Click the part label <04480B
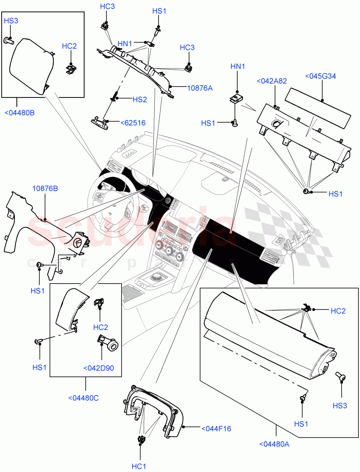tap(19, 113)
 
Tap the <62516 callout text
tap(133, 123)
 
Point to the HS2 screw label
tap(139, 100)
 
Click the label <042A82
tap(271, 81)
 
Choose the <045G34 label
tap(321, 76)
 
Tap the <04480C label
tap(83, 398)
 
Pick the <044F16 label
tap(216, 428)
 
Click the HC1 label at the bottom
tap(139, 466)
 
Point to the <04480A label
tap(274, 444)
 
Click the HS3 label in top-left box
tap(11, 21)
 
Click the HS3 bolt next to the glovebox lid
tap(341, 377)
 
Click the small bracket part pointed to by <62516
tap(100, 121)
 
